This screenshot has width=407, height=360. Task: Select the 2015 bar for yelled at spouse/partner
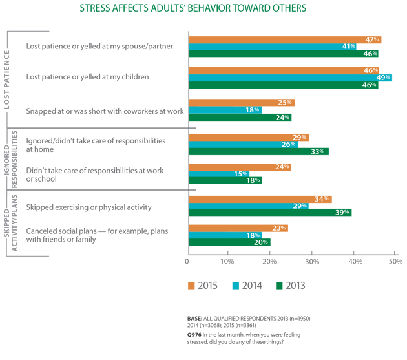[x=284, y=39]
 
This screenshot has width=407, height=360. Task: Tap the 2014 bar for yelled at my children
[x=285, y=78]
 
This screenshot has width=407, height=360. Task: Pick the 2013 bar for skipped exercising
[x=269, y=212]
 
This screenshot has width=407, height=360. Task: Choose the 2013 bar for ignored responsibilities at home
[x=258, y=152]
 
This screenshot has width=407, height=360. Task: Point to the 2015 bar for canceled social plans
[x=237, y=228]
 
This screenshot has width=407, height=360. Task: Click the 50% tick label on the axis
[x=395, y=261]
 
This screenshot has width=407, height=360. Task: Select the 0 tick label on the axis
[x=187, y=261]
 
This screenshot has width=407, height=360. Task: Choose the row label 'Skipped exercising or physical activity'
[x=89, y=207]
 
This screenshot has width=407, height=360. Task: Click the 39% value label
[x=342, y=212]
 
